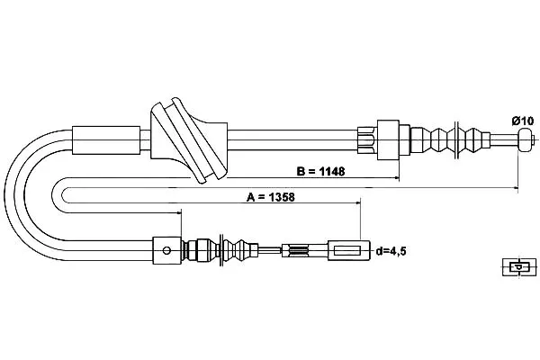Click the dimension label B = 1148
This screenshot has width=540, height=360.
320,171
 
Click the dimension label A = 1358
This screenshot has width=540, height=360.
271,197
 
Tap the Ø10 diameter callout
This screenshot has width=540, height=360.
522,121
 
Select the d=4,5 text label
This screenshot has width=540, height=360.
391,251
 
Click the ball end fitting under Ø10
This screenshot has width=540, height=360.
525,139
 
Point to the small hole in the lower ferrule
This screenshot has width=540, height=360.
166,250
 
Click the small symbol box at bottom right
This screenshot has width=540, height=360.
519,266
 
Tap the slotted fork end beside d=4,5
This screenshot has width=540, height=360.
348,250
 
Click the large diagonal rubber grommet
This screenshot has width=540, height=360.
189,140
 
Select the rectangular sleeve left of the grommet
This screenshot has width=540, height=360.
106,139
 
